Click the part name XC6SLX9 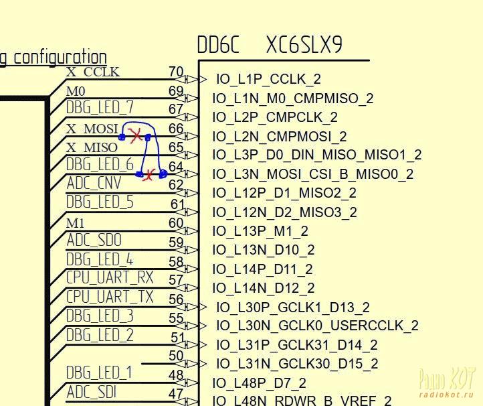pyautogui.click(x=304, y=45)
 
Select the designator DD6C pyautogui.click(x=218, y=45)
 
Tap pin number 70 pyautogui.click(x=176, y=72)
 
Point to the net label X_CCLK pyautogui.click(x=93, y=72)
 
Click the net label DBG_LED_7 pyautogui.click(x=100, y=107)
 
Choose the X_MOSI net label pyautogui.click(x=92, y=128)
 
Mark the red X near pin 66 pyautogui.click(x=136, y=136)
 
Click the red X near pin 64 pyautogui.click(x=149, y=175)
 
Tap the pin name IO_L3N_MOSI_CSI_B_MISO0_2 pyautogui.click(x=312, y=174)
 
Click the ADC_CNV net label pyautogui.click(x=94, y=183)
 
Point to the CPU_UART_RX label pyautogui.click(x=110, y=277)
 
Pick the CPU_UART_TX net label pyautogui.click(x=110, y=296)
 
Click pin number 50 pyautogui.click(x=176, y=356)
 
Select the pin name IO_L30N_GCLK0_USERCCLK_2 pyautogui.click(x=317, y=326)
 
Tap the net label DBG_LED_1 pyautogui.click(x=99, y=373)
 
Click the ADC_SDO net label pyautogui.click(x=94, y=240)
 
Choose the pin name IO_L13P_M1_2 pyautogui.click(x=260, y=231)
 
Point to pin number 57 pyautogui.click(x=176, y=280)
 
